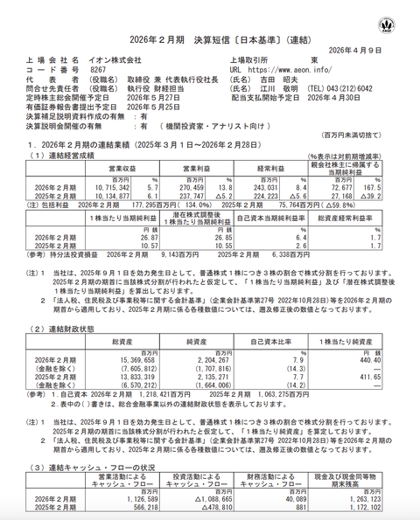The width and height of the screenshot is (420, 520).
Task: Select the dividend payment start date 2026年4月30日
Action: click(346, 99)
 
